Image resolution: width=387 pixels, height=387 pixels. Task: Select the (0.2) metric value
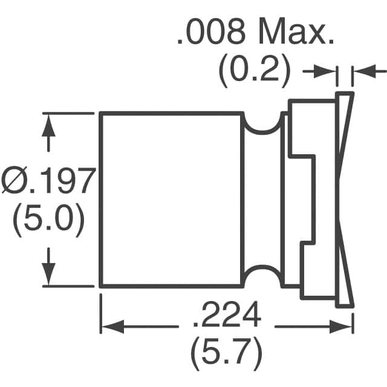click(x=254, y=71)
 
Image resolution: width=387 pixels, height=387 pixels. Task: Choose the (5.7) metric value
click(x=226, y=350)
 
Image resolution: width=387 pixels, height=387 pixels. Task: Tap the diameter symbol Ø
click(x=13, y=181)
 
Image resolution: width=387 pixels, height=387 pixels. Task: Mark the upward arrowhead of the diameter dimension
click(x=49, y=121)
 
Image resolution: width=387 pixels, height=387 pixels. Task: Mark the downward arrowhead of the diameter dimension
click(x=49, y=278)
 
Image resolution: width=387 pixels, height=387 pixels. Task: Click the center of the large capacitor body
click(x=172, y=200)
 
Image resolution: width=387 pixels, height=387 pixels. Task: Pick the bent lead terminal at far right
click(x=345, y=200)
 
